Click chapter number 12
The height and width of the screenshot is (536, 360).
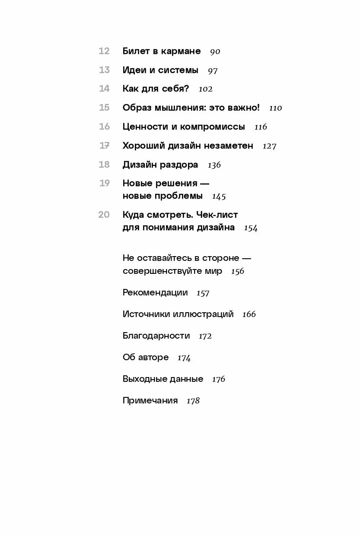tap(104, 51)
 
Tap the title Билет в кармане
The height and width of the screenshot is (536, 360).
tap(162, 51)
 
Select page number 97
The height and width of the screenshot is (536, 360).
tap(213, 70)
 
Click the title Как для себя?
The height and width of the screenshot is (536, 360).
tap(156, 89)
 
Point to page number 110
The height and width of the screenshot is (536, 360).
tap(275, 108)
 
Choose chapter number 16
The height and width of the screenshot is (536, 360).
tap(104, 127)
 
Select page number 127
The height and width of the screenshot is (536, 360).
tap(269, 146)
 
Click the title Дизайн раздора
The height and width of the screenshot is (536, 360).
tap(160, 165)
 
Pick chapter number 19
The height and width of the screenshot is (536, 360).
tap(104, 183)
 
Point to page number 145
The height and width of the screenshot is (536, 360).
tap(219, 197)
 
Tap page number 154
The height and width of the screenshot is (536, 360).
tap(251, 228)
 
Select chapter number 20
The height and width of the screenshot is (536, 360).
tap(104, 215)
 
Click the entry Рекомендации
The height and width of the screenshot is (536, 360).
tap(155, 292)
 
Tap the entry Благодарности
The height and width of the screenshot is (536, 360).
tap(156, 336)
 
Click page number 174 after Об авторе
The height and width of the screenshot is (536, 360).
tap(184, 358)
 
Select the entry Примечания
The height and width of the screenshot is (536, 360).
tap(150, 400)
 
